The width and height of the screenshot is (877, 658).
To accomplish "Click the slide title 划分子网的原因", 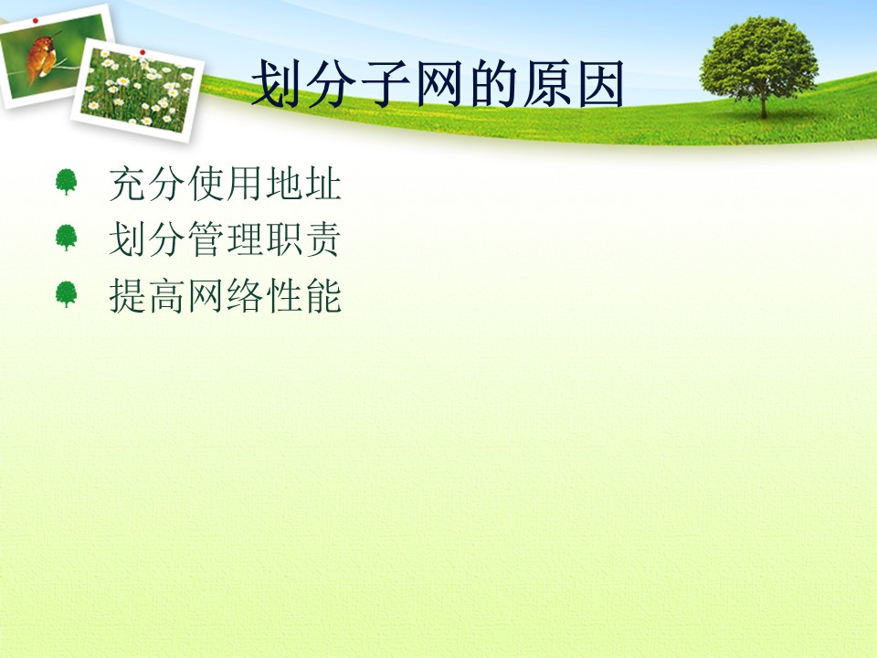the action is [x=438, y=84].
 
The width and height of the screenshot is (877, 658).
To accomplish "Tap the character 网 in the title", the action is [x=438, y=84].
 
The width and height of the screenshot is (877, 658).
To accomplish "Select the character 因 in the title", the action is [x=601, y=84].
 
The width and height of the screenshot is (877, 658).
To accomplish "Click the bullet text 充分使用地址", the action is [x=225, y=184].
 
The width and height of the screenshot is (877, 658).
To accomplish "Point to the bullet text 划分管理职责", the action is [x=225, y=239].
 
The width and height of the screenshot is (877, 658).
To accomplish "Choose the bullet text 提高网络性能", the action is [x=225, y=295].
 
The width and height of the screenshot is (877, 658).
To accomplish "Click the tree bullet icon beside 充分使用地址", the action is [x=66, y=182].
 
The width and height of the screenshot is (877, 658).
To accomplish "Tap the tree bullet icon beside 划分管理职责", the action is [x=66, y=238].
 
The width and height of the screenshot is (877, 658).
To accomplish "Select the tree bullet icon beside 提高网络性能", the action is [x=66, y=293].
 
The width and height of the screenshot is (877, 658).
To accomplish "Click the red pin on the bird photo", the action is [x=36, y=21].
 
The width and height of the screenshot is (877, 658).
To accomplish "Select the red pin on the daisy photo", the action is [x=143, y=52].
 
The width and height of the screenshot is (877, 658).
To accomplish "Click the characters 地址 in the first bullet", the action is [x=303, y=184].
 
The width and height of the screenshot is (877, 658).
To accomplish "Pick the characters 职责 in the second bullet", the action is [x=303, y=239].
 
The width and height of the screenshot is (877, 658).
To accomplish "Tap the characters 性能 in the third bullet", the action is [x=303, y=295].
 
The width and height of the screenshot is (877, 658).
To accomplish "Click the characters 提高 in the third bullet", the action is [x=146, y=295].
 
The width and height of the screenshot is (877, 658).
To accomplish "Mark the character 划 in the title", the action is [x=274, y=84].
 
